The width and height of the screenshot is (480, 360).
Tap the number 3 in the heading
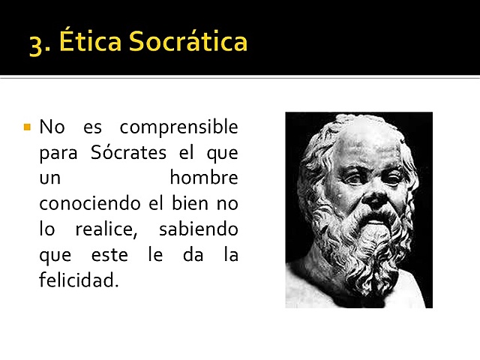(37, 42)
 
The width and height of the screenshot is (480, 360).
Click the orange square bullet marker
(27, 127)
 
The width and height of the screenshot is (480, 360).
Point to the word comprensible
(178, 127)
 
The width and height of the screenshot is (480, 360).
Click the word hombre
(203, 178)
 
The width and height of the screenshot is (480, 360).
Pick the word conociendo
(88, 204)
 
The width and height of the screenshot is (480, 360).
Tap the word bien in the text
(196, 204)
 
